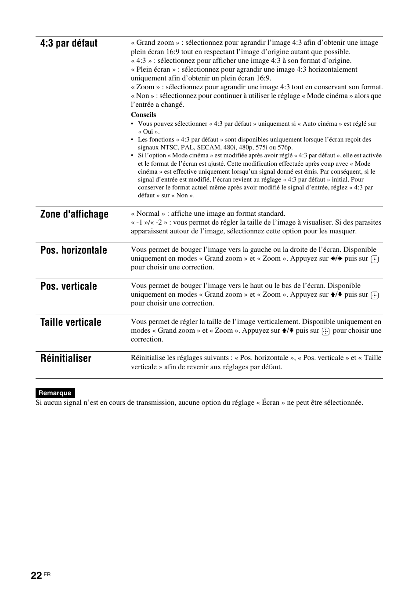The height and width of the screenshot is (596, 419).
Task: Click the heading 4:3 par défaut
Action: [x=69, y=43]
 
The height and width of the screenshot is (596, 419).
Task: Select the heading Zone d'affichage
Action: [x=74, y=214]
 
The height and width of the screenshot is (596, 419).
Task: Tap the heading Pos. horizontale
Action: [x=74, y=250]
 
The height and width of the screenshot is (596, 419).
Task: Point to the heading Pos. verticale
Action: [x=69, y=286]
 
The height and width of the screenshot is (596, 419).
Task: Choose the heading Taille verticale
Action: [x=71, y=322]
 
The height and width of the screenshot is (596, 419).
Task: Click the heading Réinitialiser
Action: [x=66, y=358]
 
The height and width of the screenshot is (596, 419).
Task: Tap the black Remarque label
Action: [x=55, y=393]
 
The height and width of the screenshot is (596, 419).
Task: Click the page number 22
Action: [x=36, y=576]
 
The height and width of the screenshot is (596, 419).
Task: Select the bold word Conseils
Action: [x=143, y=115]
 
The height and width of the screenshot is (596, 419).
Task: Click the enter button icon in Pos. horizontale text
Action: [x=375, y=259]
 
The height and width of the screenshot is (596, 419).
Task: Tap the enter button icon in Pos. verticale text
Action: [x=375, y=295]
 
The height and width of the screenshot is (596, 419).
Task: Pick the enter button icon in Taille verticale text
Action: [x=325, y=331]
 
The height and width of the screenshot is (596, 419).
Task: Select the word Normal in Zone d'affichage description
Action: [x=148, y=214]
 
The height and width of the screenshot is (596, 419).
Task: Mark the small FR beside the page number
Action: [x=47, y=575]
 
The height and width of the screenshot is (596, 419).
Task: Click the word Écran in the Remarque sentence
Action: [x=271, y=403]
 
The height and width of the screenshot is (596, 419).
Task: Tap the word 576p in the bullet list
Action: [x=285, y=147]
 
